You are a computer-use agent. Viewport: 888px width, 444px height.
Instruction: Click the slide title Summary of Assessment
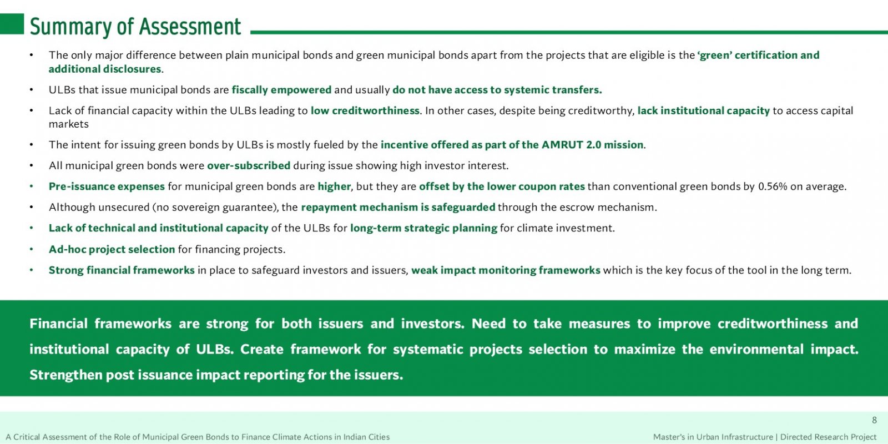pyautogui.click(x=135, y=27)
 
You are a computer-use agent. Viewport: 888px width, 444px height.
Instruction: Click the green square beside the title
pyautogui.click(x=12, y=24)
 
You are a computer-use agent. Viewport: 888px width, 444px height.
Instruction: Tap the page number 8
pyautogui.click(x=874, y=420)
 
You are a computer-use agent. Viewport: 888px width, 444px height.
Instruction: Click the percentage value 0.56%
pyautogui.click(x=772, y=186)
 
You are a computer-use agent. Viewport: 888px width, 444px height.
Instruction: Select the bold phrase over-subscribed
pyautogui.click(x=249, y=165)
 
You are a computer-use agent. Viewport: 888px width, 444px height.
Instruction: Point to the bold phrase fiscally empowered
pyautogui.click(x=281, y=90)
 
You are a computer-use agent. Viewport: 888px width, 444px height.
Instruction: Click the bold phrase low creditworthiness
pyautogui.click(x=365, y=110)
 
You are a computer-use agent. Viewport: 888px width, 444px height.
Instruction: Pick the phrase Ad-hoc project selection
pyautogui.click(x=112, y=249)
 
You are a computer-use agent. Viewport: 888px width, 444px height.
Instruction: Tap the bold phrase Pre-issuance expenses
pyautogui.click(x=107, y=186)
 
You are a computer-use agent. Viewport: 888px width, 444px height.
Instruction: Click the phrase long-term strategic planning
pyautogui.click(x=423, y=228)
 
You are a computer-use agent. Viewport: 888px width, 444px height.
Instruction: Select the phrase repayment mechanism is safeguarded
pyautogui.click(x=398, y=208)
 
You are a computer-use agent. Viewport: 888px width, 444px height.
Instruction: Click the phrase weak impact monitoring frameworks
pyautogui.click(x=506, y=270)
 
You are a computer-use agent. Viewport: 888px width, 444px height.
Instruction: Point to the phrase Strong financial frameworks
pyautogui.click(x=122, y=270)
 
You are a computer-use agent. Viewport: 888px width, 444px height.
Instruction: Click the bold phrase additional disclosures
pyautogui.click(x=105, y=69)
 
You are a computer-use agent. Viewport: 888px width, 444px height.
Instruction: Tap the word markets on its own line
pyautogui.click(x=69, y=124)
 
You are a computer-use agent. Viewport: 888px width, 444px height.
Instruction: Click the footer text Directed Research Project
pyautogui.click(x=828, y=437)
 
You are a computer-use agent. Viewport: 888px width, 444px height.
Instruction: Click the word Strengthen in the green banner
pyautogui.click(x=66, y=375)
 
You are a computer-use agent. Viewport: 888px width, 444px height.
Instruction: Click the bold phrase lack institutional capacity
pyautogui.click(x=703, y=110)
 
